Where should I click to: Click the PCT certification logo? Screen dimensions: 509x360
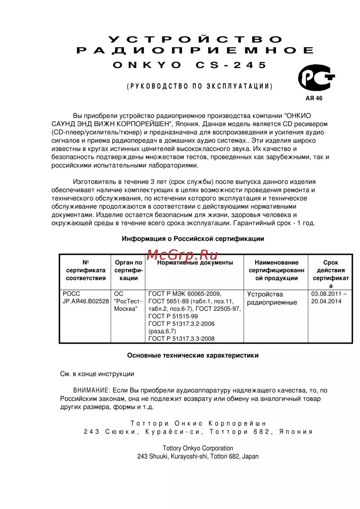(x=316, y=78)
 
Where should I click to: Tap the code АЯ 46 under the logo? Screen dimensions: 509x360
(x=314, y=98)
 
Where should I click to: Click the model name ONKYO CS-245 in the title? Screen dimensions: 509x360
(x=190, y=65)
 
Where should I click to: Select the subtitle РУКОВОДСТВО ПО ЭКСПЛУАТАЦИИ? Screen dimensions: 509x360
(x=199, y=86)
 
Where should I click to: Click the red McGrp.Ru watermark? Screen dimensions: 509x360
(x=182, y=255)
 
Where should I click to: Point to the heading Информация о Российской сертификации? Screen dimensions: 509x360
(x=193, y=239)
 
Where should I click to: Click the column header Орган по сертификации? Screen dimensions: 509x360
(x=129, y=270)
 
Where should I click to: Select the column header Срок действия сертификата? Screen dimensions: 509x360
(x=330, y=274)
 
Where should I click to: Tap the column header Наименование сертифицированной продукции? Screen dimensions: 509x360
(x=276, y=270)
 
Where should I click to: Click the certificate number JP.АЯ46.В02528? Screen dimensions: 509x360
(x=86, y=301)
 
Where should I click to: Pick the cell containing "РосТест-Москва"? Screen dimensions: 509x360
(x=128, y=301)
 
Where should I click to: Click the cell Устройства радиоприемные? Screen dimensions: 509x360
(x=272, y=298)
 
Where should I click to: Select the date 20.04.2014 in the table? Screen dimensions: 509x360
(x=326, y=301)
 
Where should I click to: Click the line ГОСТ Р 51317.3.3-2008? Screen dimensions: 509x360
(x=181, y=338)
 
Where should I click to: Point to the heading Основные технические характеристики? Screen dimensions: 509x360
(x=193, y=355)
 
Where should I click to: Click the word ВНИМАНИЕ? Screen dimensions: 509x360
(x=91, y=390)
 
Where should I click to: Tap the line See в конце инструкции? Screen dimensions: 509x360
(x=97, y=374)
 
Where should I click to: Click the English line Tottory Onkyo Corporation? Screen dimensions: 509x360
(x=198, y=448)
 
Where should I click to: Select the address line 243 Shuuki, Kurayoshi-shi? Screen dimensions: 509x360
(x=198, y=456)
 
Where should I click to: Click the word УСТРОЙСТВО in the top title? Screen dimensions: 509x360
(x=195, y=39)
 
